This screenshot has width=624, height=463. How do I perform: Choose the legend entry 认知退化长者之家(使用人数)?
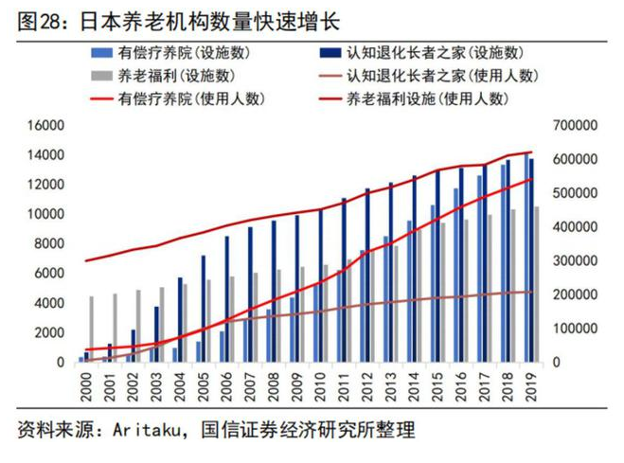coord(435,75)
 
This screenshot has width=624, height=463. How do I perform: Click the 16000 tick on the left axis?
coord(45,125)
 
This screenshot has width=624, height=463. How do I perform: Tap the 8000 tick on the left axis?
coord(48,243)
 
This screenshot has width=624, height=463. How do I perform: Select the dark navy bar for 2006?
coord(226,298)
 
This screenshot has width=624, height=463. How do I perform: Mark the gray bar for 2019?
coord(536,284)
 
